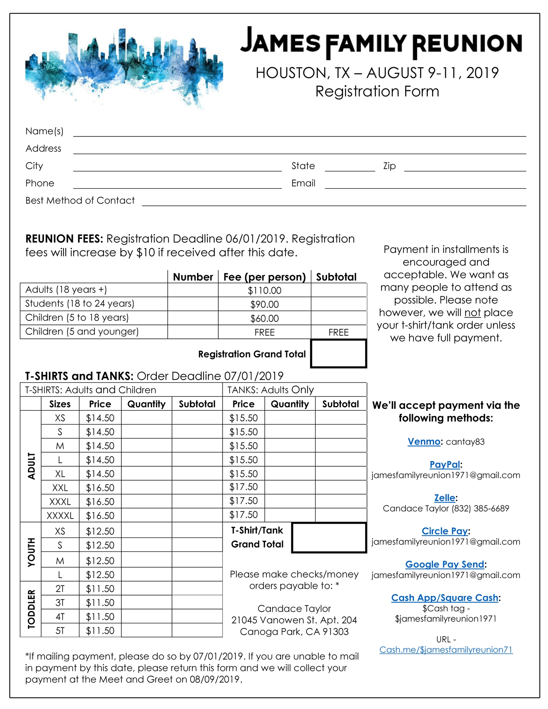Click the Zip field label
pyautogui.click(x=389, y=166)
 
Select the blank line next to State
pyautogui.click(x=350, y=167)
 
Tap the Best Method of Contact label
pyautogui.click(x=80, y=201)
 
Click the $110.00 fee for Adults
pyautogui.click(x=265, y=291)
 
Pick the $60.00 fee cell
pyautogui.click(x=265, y=319)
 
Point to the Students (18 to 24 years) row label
pyautogui.click(x=80, y=304)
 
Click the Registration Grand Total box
pyautogui.click(x=338, y=354)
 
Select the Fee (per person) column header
pyautogui.click(x=265, y=277)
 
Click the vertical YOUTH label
pyautogui.click(x=31, y=552)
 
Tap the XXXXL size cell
pyautogui.click(x=60, y=516)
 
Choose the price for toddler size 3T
pyautogui.click(x=100, y=603)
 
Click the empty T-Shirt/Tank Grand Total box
pyautogui.click(x=329, y=538)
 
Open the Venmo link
pyautogui.click(x=424, y=442)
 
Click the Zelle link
pyautogui.click(x=445, y=498)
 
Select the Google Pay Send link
pyautogui.click(x=445, y=564)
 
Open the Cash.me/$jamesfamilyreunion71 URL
pyautogui.click(x=446, y=650)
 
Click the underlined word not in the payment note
pyautogui.click(x=472, y=313)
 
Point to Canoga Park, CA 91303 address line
pyautogui.click(x=294, y=632)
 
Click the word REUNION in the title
pyautogui.click(x=467, y=44)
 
